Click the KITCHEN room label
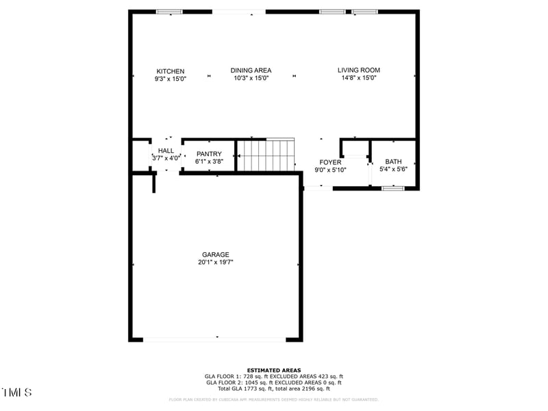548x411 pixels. (170, 71)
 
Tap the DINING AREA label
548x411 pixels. (251, 71)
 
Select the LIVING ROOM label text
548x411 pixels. (358, 70)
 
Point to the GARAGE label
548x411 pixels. (215, 255)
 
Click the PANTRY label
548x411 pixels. (208, 154)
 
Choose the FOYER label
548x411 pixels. (330, 162)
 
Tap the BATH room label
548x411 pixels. (393, 162)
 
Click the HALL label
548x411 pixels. (166, 151)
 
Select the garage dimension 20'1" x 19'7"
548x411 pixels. (215, 262)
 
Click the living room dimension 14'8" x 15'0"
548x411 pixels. (358, 78)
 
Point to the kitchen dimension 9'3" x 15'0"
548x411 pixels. (170, 79)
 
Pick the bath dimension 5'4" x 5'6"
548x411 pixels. (393, 169)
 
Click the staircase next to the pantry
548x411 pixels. (266, 155)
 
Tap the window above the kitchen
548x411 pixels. (169, 12)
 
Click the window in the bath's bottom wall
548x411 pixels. (393, 188)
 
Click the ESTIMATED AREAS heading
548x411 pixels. (273, 370)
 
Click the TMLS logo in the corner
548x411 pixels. (17, 393)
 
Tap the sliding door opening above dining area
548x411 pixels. (238, 12)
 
